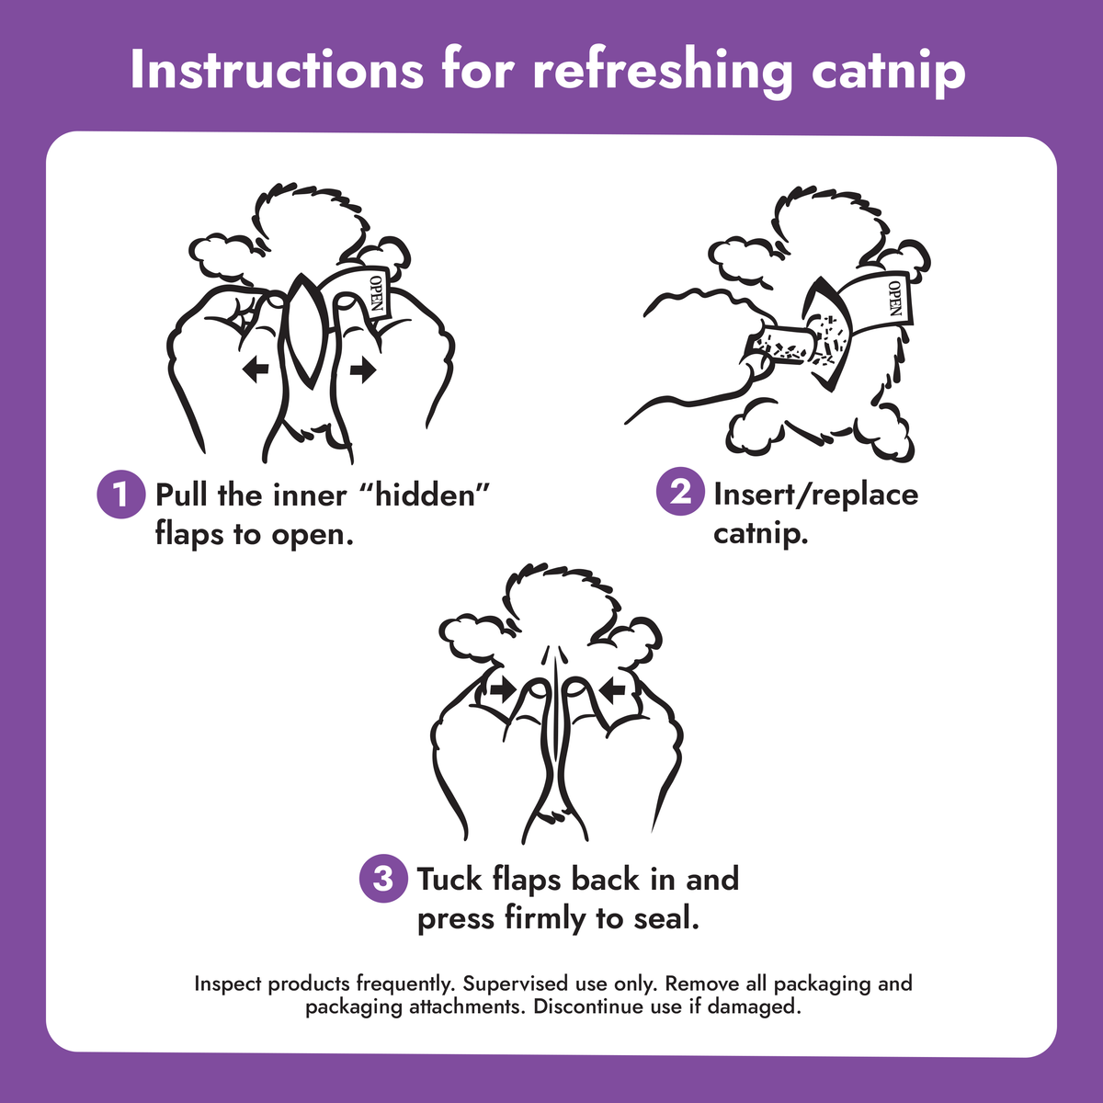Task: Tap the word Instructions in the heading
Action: point(277,71)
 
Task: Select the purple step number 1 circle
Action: point(120,495)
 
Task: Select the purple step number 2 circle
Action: point(680,492)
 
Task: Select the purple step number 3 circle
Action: point(383,878)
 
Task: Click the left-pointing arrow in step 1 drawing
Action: point(256,370)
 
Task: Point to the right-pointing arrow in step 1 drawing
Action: point(363,370)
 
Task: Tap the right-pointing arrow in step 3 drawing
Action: point(502,691)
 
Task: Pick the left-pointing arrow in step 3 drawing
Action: point(612,691)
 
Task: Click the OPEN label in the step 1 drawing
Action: point(376,293)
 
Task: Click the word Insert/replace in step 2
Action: point(815,494)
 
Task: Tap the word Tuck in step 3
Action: point(449,879)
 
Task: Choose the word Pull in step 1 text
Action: point(183,495)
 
